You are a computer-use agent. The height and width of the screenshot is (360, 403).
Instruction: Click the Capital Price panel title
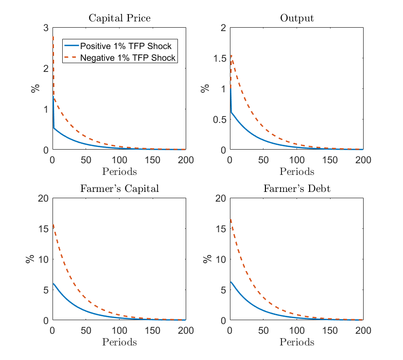click(119, 18)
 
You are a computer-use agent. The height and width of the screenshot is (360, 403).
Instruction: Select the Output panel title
click(297, 18)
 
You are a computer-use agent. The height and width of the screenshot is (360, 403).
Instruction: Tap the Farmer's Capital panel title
click(119, 189)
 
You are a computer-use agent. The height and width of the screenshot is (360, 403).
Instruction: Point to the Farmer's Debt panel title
click(297, 189)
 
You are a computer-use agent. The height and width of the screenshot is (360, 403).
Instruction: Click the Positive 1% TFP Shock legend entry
click(125, 46)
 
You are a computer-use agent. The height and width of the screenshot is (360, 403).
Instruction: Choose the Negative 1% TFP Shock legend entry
click(127, 58)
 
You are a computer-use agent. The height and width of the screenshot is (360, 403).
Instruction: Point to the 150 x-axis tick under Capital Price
click(153, 160)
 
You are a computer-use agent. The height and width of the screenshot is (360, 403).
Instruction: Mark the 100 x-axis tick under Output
click(297, 160)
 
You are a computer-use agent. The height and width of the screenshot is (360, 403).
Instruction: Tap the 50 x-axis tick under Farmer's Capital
click(86, 330)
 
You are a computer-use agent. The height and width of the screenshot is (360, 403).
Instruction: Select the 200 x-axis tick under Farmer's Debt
click(363, 330)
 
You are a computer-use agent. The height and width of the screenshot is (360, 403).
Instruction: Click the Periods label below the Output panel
click(297, 171)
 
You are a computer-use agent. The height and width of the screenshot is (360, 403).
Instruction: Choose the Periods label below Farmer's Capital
click(119, 342)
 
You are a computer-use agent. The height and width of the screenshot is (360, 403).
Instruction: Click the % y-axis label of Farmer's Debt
click(208, 259)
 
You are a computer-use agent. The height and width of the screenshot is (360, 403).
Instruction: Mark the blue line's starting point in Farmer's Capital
click(53, 284)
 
